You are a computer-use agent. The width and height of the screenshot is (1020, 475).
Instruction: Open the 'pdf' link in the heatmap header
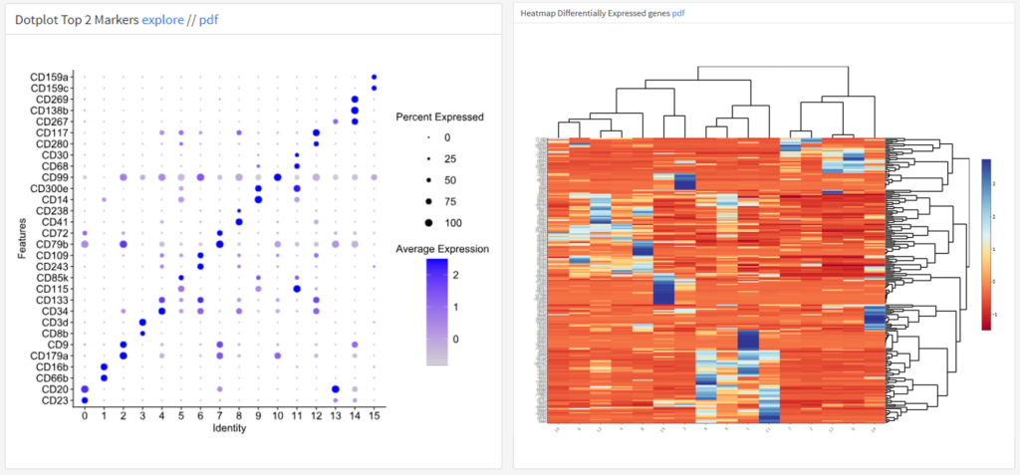[678, 14]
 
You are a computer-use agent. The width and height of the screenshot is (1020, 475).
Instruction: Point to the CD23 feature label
[55, 400]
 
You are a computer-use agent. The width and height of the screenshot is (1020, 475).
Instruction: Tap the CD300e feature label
[51, 188]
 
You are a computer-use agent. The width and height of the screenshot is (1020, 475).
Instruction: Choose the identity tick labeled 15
[374, 416]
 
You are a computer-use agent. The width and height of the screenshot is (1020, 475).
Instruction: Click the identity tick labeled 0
[85, 416]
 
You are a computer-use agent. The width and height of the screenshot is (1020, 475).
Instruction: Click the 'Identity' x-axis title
[229, 429]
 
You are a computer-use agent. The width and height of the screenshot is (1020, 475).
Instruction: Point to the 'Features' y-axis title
[21, 239]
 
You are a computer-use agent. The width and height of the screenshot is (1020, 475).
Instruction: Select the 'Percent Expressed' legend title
[439, 118]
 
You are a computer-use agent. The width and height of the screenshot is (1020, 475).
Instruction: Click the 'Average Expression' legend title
[442, 248]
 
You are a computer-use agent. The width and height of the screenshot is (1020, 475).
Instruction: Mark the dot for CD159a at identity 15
[374, 77]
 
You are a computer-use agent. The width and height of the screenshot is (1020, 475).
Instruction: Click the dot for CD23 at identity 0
[85, 400]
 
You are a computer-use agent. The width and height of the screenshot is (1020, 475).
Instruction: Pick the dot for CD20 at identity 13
[336, 389]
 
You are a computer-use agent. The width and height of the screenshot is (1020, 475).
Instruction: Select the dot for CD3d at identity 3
[142, 322]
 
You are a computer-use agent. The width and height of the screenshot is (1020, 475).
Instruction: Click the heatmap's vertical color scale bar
[986, 243]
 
